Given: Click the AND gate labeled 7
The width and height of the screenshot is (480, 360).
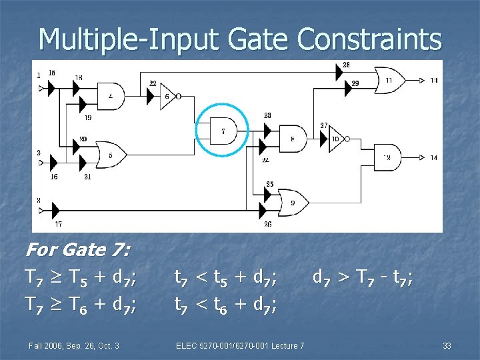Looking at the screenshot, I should point(223,129).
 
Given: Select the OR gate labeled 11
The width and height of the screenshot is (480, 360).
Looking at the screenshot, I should point(388,79).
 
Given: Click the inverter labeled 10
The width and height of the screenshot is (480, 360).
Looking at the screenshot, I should point(335,139).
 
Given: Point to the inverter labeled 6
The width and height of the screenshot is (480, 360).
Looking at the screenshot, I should point(168,96).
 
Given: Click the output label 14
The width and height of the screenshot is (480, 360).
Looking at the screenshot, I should point(433,158).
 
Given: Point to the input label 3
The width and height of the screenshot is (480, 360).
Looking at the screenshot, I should point(39,200).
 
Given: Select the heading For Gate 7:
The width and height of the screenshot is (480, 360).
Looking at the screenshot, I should point(77,250).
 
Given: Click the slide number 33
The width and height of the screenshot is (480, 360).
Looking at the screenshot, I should point(447,345).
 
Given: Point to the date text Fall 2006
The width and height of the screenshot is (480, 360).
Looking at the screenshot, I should point(48,345).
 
